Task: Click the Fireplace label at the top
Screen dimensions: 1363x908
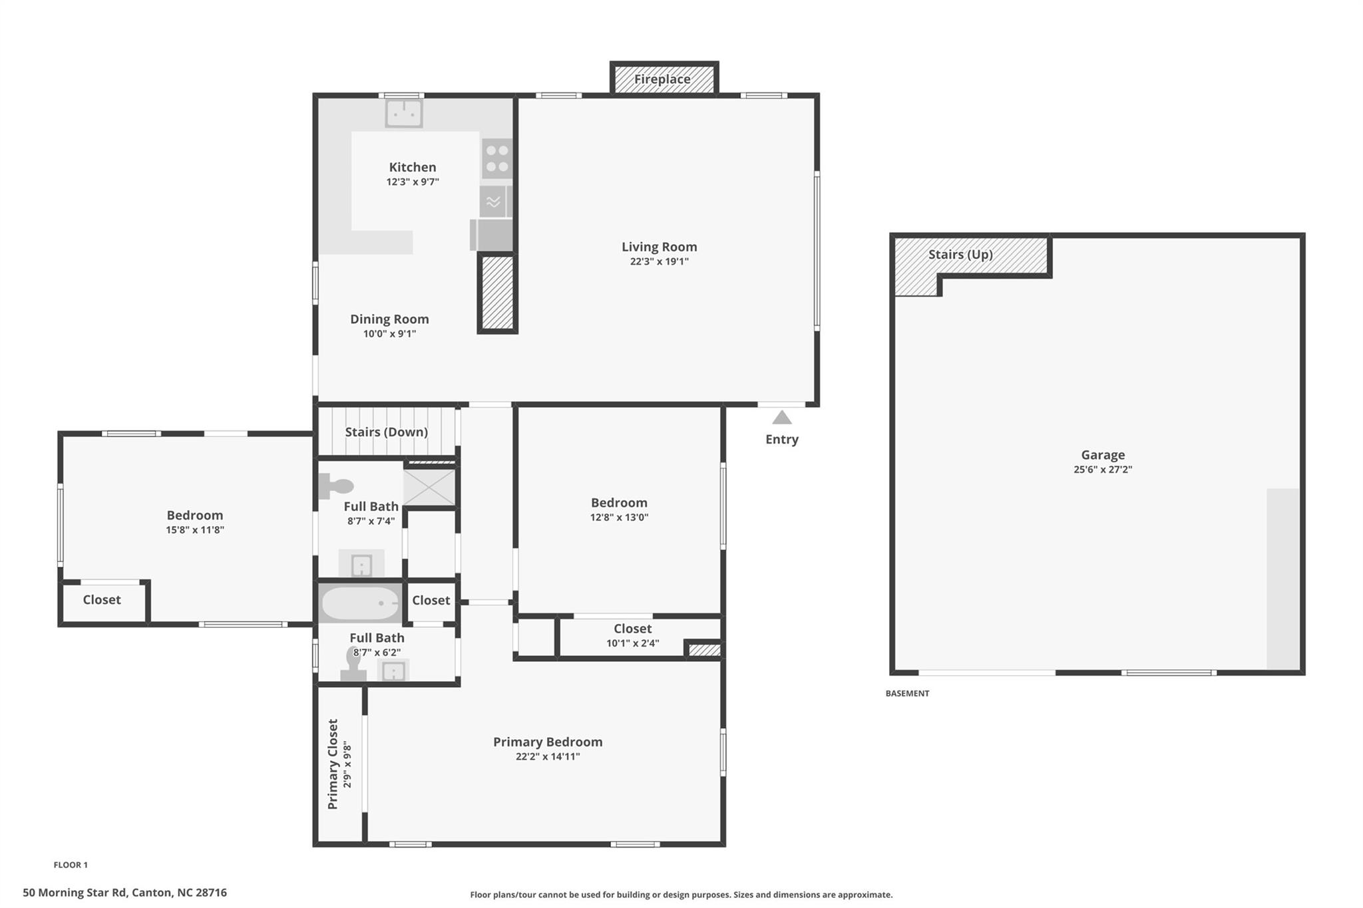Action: click(x=662, y=79)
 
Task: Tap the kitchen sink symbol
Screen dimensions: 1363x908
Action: click(x=404, y=113)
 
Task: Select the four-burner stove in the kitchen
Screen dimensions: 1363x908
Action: click(x=496, y=158)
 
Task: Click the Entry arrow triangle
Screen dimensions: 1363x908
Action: click(x=782, y=418)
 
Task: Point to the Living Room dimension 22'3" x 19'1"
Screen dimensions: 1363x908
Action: click(x=660, y=261)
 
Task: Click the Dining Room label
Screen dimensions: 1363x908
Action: click(x=389, y=319)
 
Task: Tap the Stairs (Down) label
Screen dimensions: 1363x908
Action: click(x=386, y=432)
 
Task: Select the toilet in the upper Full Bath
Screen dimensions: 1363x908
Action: click(x=335, y=486)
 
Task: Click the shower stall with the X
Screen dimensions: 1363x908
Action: click(x=429, y=487)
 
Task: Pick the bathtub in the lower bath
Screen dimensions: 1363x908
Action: click(x=360, y=603)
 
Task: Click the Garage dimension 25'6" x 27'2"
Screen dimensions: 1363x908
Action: click(x=1103, y=469)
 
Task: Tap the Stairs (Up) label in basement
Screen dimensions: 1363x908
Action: click(x=960, y=254)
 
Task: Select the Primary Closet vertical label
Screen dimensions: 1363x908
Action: click(x=333, y=764)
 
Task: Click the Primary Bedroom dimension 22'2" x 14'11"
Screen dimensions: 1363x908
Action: click(x=548, y=756)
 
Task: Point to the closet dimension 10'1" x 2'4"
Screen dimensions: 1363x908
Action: click(x=632, y=643)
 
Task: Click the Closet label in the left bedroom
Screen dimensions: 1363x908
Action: click(x=102, y=599)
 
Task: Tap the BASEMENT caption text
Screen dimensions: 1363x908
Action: click(x=907, y=693)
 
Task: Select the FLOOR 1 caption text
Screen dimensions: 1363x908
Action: click(x=71, y=865)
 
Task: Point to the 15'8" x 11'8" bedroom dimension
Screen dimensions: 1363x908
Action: click(x=195, y=530)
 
